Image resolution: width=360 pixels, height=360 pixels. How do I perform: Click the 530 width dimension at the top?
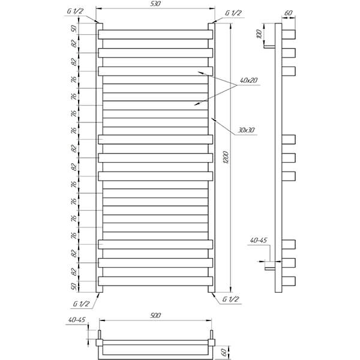coord(156,4)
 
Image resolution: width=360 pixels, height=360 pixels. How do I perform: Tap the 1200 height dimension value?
coord(226,157)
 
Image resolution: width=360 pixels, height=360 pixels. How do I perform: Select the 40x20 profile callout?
coord(248,80)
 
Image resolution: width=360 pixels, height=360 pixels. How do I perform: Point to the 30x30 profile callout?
coord(246,130)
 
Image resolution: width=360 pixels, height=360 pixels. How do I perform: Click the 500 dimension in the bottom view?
coord(155,315)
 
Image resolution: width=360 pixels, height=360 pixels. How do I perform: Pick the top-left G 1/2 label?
coord(75,11)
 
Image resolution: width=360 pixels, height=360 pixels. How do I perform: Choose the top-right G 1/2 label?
coord(233,13)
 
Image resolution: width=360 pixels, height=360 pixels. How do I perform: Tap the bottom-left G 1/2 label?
coord(81,304)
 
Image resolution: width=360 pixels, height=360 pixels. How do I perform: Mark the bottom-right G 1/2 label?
coord(231,299)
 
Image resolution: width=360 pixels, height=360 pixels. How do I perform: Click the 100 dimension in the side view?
coord(259,34)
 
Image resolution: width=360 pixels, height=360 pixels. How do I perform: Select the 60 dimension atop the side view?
coord(289,13)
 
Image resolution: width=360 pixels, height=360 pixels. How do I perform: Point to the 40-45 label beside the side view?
coord(259,240)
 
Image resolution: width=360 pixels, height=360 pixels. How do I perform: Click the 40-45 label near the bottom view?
coord(77,320)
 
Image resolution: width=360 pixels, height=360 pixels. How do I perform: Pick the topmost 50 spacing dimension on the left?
coord(74,29)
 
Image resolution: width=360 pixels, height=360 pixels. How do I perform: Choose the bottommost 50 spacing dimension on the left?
coord(74,287)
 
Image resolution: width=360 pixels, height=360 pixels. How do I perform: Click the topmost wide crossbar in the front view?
coord(155,35)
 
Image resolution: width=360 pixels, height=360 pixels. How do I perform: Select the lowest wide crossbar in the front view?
coord(155,281)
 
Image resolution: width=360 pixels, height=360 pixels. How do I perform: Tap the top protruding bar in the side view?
coord(289,35)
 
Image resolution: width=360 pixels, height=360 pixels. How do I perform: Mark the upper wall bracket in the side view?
coord(269,47)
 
